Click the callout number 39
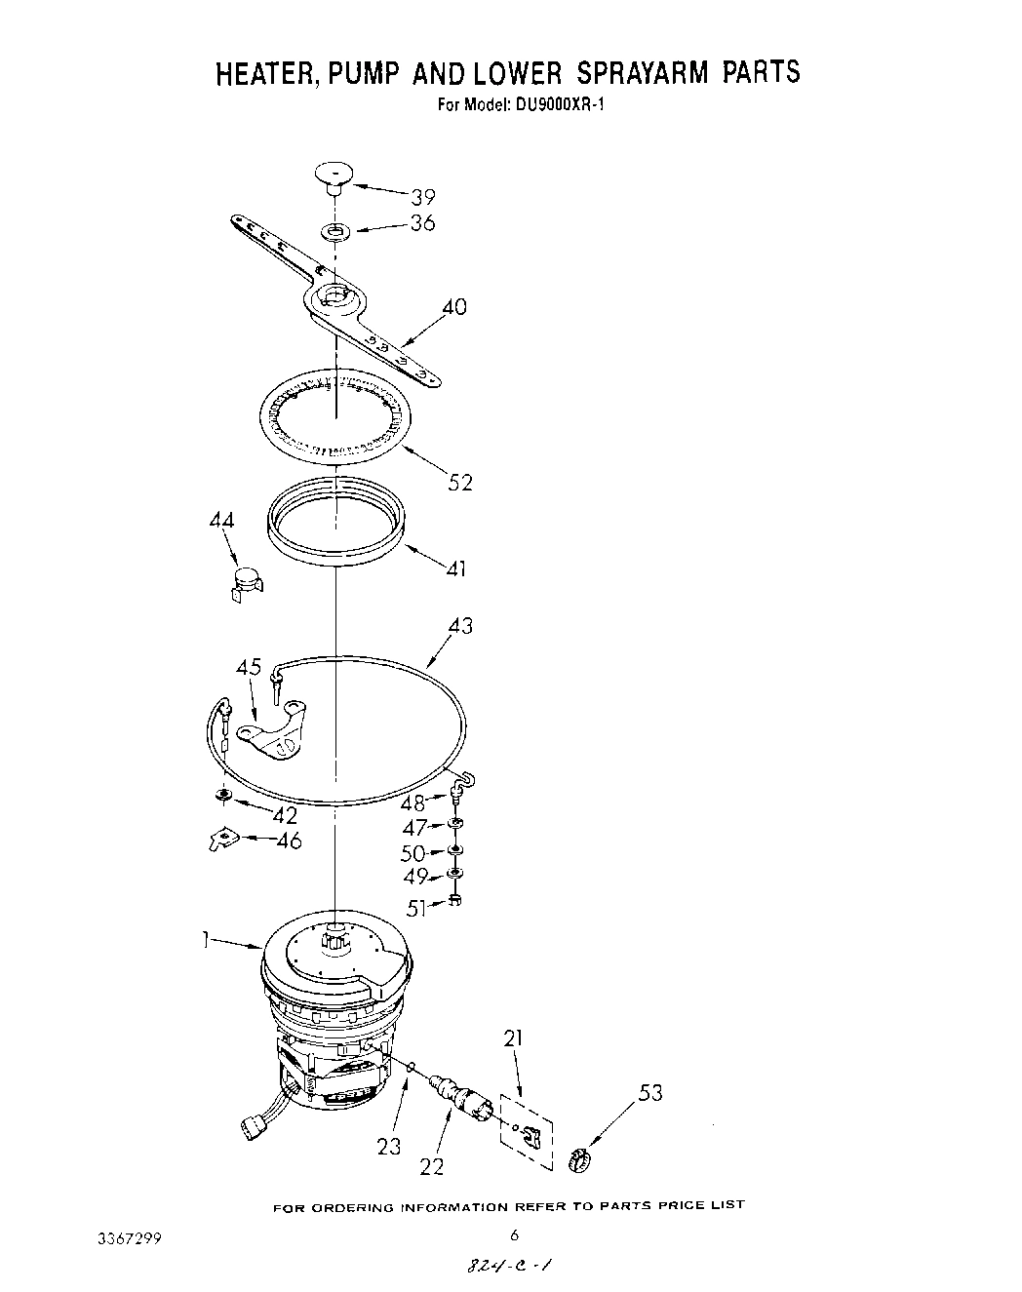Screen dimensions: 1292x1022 pos(422,197)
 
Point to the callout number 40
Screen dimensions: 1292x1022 pos(454,307)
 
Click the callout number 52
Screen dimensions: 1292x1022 pos(459,482)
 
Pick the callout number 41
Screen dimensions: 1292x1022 pos(455,567)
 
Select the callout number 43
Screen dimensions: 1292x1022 pos(459,625)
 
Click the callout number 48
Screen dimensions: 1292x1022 pos(413,803)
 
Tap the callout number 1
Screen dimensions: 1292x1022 pos(206,939)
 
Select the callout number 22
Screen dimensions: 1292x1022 pos(431,1165)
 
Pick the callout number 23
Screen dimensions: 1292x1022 pos(389,1147)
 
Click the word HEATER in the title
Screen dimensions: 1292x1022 pos(259,74)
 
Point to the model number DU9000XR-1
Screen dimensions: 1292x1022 pos(554,105)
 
